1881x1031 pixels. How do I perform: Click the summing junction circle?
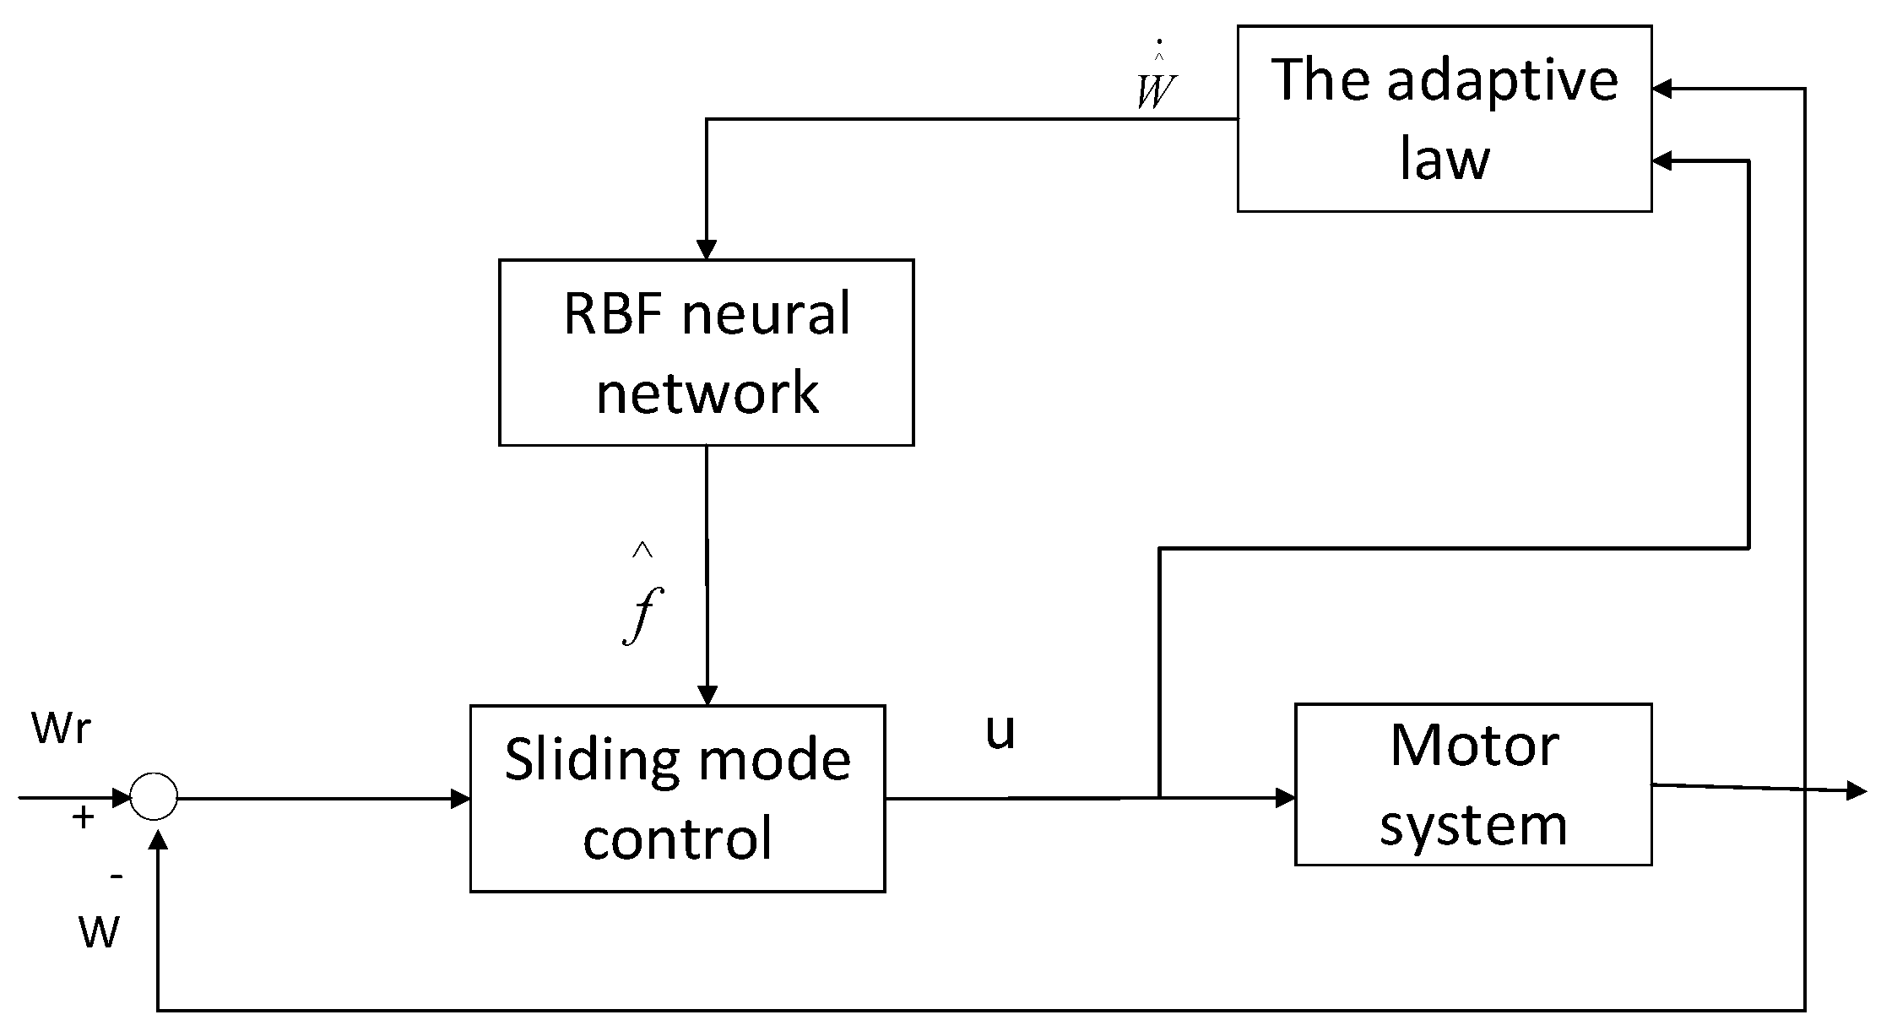[x=154, y=796]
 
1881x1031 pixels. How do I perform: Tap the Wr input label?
[x=61, y=727]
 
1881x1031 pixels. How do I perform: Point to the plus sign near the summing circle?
[x=82, y=817]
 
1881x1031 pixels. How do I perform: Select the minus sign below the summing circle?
[x=117, y=876]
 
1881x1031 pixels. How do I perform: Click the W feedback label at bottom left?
[x=99, y=932]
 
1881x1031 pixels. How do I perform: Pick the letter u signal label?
[x=1000, y=731]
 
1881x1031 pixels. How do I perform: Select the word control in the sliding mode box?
[x=677, y=838]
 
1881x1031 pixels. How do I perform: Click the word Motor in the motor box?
[x=1474, y=746]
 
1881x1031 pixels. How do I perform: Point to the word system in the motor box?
[x=1473, y=824]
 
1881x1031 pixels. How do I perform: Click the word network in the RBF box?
[x=707, y=392]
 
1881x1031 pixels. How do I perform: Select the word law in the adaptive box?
[x=1445, y=159]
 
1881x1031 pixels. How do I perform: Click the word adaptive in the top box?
[x=1502, y=80]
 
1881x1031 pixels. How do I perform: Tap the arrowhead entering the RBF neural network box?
[x=707, y=250]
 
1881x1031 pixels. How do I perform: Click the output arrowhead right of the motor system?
[x=1857, y=791]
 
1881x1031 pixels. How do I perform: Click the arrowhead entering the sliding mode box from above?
[x=707, y=695]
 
